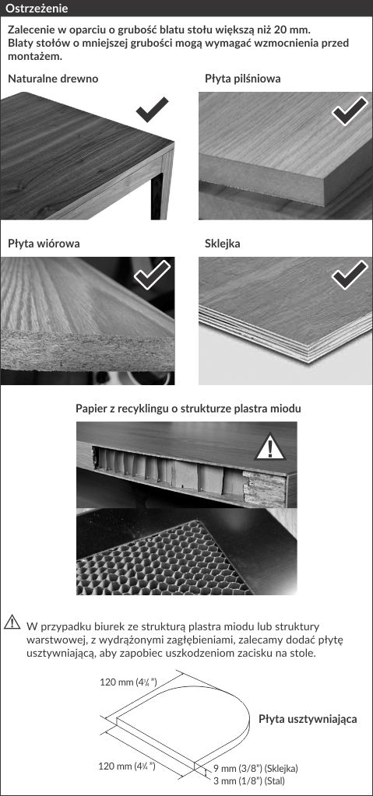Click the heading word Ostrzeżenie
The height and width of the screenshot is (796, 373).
pyautogui.click(x=36, y=9)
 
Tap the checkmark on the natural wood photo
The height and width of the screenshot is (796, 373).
pyautogui.click(x=152, y=110)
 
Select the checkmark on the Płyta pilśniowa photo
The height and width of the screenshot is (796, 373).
pyautogui.click(x=350, y=110)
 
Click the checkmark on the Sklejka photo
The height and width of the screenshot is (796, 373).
pyautogui.click(x=350, y=275)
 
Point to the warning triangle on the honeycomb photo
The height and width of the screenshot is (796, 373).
pyautogui.click(x=270, y=447)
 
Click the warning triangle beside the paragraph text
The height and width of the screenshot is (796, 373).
pyautogui.click(x=12, y=622)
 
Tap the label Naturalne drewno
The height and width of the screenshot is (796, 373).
pyautogui.click(x=54, y=79)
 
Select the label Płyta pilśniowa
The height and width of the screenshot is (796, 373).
pyautogui.click(x=243, y=79)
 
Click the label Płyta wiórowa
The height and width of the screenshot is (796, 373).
pyautogui.click(x=44, y=244)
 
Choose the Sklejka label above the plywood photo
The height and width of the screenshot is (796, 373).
pyautogui.click(x=223, y=244)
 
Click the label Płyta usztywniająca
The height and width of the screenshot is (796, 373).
pyautogui.click(x=308, y=719)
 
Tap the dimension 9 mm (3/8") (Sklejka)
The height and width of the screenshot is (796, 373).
pyautogui.click(x=255, y=768)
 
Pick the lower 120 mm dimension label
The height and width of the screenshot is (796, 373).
pyautogui.click(x=126, y=766)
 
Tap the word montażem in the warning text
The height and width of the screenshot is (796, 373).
pyautogui.click(x=34, y=56)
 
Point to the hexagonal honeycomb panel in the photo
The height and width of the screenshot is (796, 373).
pyautogui.click(x=167, y=556)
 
